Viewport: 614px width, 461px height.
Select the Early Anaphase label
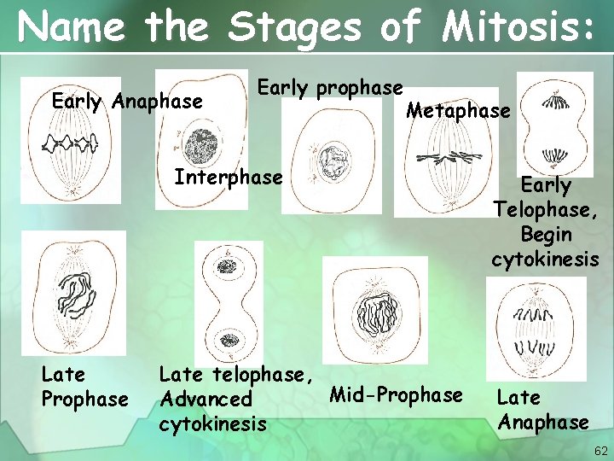pos(127,102)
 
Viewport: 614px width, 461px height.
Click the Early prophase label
pos(330,88)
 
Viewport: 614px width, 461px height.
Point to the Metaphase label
pos(458,110)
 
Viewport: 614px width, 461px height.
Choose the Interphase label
pos(228,178)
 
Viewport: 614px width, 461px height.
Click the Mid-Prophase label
pos(396,394)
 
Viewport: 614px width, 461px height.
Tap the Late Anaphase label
pos(542,409)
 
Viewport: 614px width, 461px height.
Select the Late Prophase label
pos(84,386)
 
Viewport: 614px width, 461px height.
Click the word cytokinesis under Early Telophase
pos(545,259)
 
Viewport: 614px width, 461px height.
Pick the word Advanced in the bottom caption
pos(206,399)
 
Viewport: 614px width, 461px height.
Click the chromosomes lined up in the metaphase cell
pos(449,157)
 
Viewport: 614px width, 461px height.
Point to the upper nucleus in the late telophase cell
pos(227,266)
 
